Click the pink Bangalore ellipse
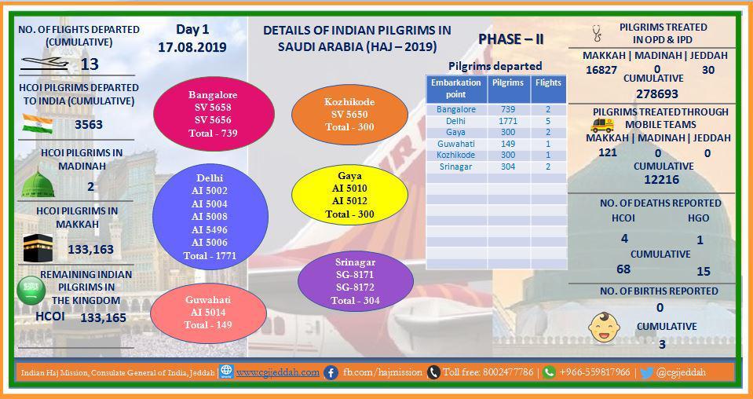click(x=214, y=114)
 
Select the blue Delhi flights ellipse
click(x=210, y=217)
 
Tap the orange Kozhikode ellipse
click(x=349, y=114)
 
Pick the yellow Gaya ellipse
click(x=349, y=195)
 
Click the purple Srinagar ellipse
click(x=356, y=281)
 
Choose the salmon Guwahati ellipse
click(x=208, y=313)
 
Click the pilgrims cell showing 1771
click(x=508, y=121)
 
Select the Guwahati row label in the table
click(x=455, y=144)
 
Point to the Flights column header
click(x=548, y=82)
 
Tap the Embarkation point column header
click(x=456, y=88)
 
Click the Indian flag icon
click(x=38, y=124)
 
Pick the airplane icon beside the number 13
click(x=45, y=64)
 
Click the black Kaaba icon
click(x=38, y=247)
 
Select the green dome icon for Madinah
click(x=38, y=184)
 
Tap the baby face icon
click(x=604, y=328)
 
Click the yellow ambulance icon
click(x=602, y=126)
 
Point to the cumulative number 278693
click(x=657, y=93)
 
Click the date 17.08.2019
click(x=192, y=48)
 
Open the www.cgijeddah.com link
click(x=278, y=372)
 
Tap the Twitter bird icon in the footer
click(x=646, y=372)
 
